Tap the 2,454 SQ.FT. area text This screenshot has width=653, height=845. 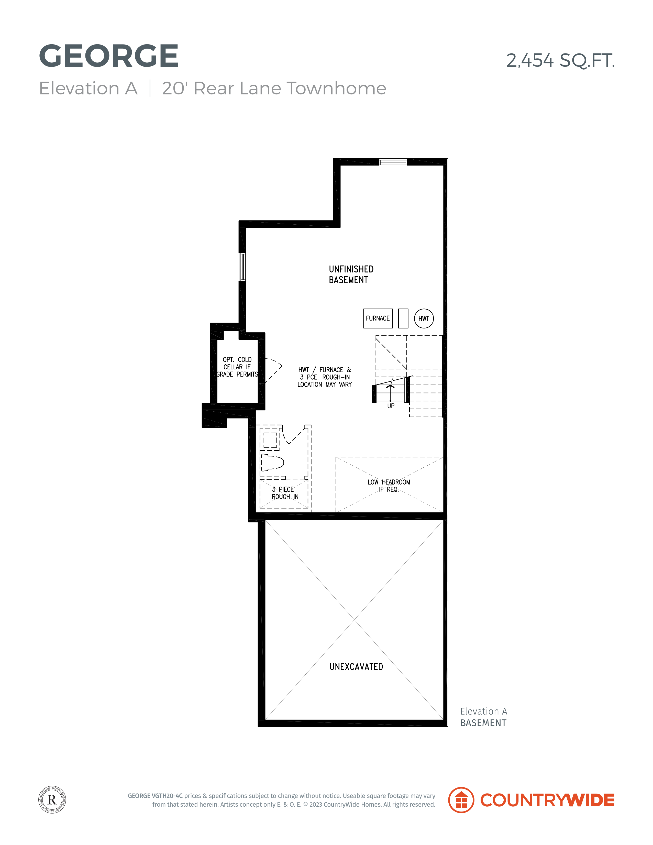tap(560, 60)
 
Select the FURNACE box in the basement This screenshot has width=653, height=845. tap(378, 319)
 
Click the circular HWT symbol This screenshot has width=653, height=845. tap(424, 319)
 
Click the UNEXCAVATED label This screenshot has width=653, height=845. tap(356, 667)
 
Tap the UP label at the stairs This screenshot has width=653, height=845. tap(391, 406)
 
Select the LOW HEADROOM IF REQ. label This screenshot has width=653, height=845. tap(389, 486)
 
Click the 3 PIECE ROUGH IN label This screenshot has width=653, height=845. tap(285, 493)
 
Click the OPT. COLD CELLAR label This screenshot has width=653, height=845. tap(237, 367)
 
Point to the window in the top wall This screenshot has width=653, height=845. tap(393, 162)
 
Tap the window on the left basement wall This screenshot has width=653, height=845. tap(242, 267)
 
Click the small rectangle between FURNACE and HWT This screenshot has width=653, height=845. tap(403, 319)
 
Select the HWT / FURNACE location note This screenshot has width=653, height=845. tap(325, 377)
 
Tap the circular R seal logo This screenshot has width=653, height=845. tap(52, 800)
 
